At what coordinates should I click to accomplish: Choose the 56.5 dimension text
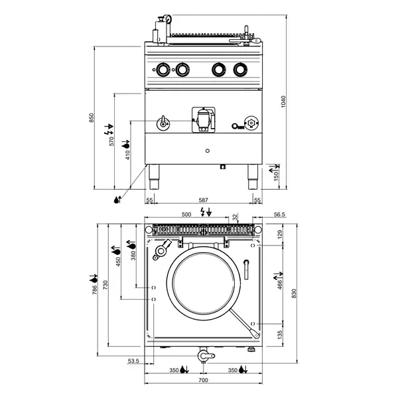coord(279,215)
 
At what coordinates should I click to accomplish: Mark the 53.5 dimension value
coord(133,362)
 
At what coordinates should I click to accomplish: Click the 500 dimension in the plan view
coord(187,214)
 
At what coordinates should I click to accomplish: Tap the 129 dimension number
coord(280,233)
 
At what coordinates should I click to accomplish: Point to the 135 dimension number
coord(280,334)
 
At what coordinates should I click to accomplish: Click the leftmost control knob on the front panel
coord(162,69)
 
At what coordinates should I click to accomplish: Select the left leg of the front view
coord(155,174)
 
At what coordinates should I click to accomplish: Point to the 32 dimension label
coord(235,217)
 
